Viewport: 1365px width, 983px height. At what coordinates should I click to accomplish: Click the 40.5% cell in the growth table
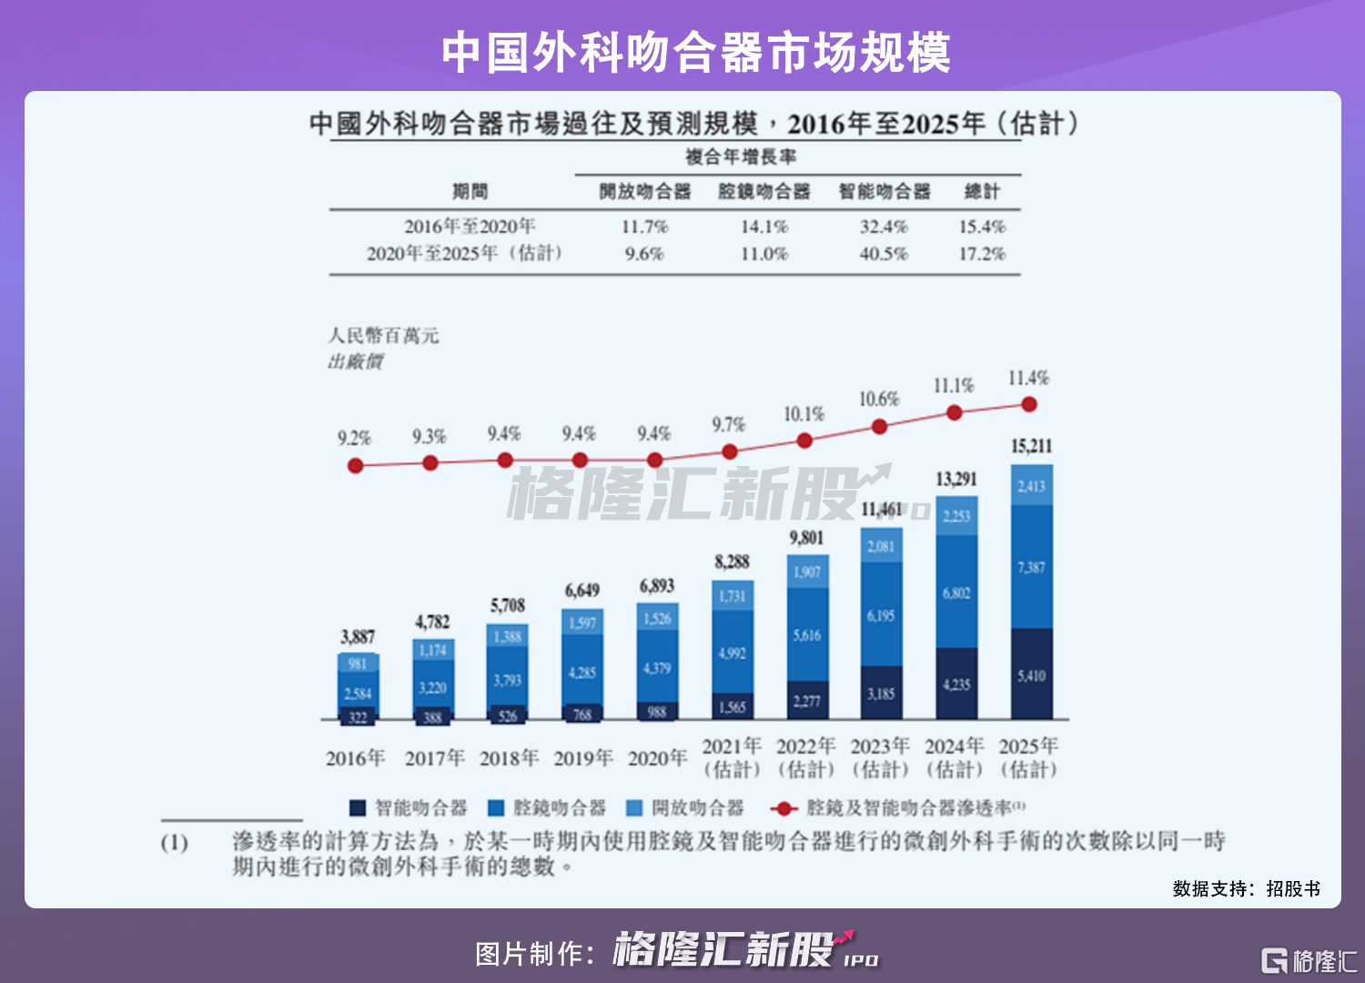pos(884,253)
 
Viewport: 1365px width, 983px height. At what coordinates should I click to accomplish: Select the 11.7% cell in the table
pos(644,227)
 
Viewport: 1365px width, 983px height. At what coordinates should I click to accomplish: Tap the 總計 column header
pos(982,191)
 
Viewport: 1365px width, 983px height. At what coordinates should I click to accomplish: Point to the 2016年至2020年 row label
pos(470,227)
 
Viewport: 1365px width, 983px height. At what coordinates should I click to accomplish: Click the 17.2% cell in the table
pos(982,253)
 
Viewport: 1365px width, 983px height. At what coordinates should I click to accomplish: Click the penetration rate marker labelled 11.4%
pos(1029,404)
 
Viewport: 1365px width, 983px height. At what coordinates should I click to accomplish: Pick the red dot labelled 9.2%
pos(356,465)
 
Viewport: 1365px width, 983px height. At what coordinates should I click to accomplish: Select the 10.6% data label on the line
pos(879,400)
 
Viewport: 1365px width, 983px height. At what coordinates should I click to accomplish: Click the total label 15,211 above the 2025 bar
pos(1031,446)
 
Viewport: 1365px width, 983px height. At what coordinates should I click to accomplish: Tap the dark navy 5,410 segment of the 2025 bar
pos(1031,674)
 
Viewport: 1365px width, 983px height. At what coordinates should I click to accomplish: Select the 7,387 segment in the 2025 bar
pos(1031,567)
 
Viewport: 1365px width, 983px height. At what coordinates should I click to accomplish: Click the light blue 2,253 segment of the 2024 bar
pos(956,516)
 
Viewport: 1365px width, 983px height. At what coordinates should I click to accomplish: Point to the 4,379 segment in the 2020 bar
pos(657,668)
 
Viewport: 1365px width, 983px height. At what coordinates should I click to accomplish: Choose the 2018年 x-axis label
pos(509,758)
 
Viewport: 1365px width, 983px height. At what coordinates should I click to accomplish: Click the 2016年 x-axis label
pos(356,758)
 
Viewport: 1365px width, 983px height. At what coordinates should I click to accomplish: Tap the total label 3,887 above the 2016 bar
pos(358,636)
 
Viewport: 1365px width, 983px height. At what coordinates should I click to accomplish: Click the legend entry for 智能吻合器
pos(409,807)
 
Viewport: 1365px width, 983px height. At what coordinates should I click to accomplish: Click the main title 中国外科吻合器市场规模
pos(696,52)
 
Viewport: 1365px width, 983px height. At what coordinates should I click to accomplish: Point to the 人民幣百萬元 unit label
pos(383,336)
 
